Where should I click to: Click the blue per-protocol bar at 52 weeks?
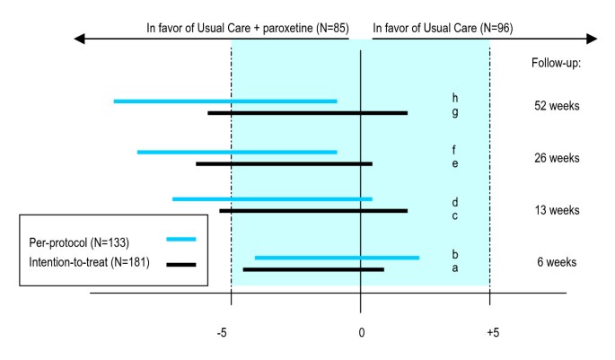click(x=225, y=101)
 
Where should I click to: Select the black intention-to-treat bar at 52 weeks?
click(x=307, y=113)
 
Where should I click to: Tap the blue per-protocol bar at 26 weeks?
click(x=237, y=153)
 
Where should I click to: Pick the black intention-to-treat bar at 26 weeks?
click(x=284, y=164)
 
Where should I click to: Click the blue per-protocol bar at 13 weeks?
click(x=272, y=199)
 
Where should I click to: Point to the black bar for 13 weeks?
click(x=313, y=211)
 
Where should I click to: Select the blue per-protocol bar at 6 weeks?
click(x=337, y=259)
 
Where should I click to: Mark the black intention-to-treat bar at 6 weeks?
click(x=313, y=269)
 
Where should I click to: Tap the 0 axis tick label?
click(x=361, y=333)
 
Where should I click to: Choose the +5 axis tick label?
click(x=492, y=333)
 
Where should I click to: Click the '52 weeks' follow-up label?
click(x=557, y=106)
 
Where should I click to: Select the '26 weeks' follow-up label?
click(x=557, y=158)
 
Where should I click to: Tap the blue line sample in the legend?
click(x=181, y=240)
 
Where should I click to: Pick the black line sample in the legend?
click(x=181, y=264)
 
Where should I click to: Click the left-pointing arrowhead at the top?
click(x=81, y=40)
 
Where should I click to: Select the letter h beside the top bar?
click(x=455, y=98)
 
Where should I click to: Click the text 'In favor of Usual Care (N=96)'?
click(x=443, y=28)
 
